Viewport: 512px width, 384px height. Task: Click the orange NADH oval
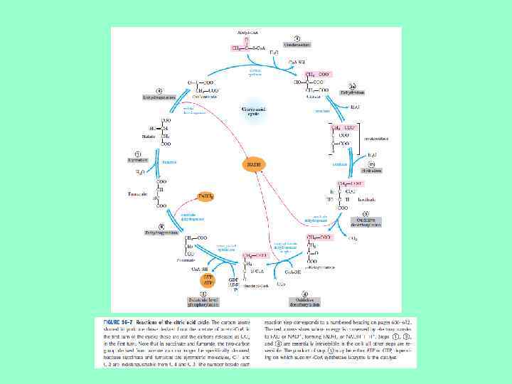click(x=253, y=164)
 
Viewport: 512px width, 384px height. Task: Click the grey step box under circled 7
click(x=138, y=160)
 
